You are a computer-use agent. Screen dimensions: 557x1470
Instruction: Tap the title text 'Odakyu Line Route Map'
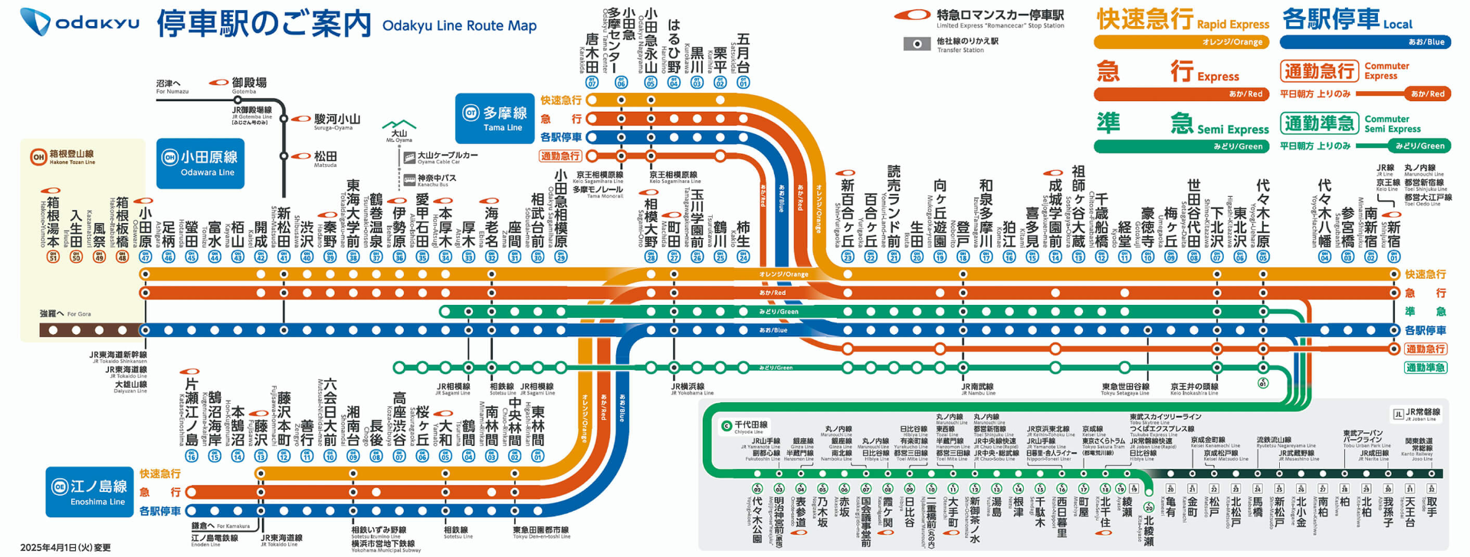coord(459,25)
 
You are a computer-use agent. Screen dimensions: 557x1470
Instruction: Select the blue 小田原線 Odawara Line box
coord(200,162)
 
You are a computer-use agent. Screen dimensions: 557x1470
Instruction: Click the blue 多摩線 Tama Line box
coord(494,118)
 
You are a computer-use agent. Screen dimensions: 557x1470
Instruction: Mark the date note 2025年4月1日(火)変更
coord(65,547)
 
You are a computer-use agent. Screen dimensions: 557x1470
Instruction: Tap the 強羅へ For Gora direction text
coord(66,314)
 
